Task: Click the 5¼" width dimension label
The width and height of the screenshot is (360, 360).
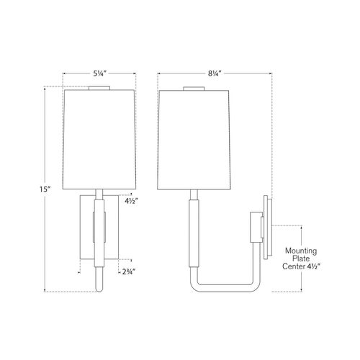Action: (99, 73)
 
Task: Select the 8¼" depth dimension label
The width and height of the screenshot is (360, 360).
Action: (215, 73)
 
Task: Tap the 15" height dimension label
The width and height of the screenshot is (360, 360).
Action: (45, 189)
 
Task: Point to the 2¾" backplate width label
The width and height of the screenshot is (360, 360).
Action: (129, 272)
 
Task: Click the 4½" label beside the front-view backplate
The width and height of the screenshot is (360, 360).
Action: (132, 201)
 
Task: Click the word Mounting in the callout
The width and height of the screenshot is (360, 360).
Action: (301, 251)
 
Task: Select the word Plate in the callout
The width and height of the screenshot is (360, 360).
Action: (301, 258)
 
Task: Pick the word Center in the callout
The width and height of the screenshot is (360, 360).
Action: (293, 266)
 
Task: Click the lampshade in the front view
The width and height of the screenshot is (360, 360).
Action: (99, 140)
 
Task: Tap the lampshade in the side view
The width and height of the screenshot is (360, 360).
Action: (194, 140)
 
